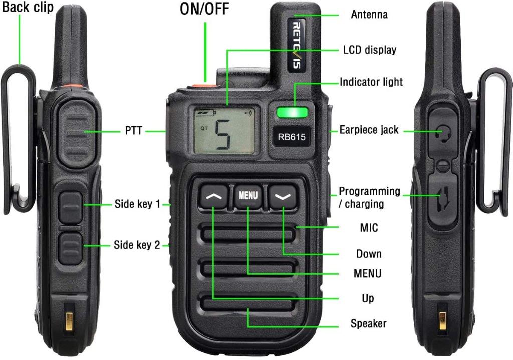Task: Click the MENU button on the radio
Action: click(x=248, y=195)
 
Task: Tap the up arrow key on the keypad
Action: click(x=214, y=197)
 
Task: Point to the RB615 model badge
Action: click(x=292, y=136)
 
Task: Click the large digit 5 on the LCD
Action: click(x=223, y=135)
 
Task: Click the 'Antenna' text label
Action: click(x=369, y=15)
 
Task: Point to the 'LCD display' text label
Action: click(x=370, y=50)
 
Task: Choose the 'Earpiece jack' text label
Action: click(x=369, y=130)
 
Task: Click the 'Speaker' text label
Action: click(x=368, y=324)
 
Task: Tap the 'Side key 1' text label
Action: click(x=137, y=204)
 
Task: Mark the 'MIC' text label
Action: click(x=369, y=228)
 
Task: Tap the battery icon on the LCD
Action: click(x=205, y=114)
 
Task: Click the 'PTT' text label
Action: click(x=134, y=131)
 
